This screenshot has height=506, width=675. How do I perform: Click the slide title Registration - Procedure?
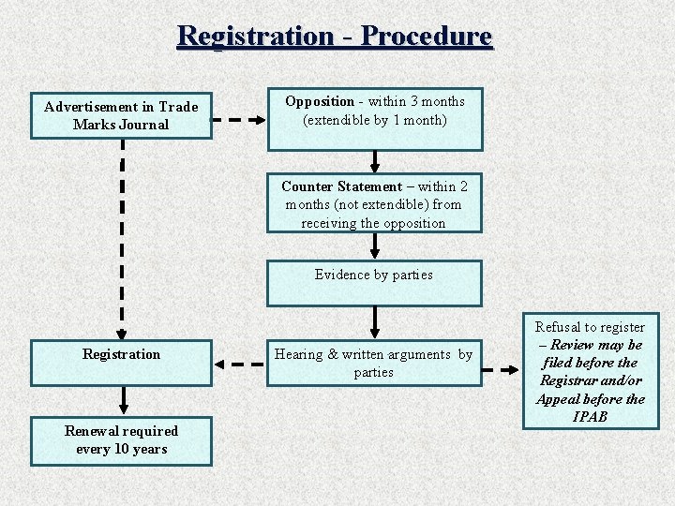335,36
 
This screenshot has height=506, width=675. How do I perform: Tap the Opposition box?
375,119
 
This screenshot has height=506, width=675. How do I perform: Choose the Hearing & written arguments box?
374,363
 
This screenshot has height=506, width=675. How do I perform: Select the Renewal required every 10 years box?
121,439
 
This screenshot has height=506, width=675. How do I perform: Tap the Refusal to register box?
591,371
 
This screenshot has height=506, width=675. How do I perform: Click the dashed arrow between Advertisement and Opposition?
240,120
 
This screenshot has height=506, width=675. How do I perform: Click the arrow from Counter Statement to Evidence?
375,246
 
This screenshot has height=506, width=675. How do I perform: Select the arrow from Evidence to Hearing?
375,321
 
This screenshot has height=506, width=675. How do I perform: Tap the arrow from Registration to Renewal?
121,400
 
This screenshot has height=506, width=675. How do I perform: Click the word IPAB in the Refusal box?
591,416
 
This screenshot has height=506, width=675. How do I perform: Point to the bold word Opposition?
320,101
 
